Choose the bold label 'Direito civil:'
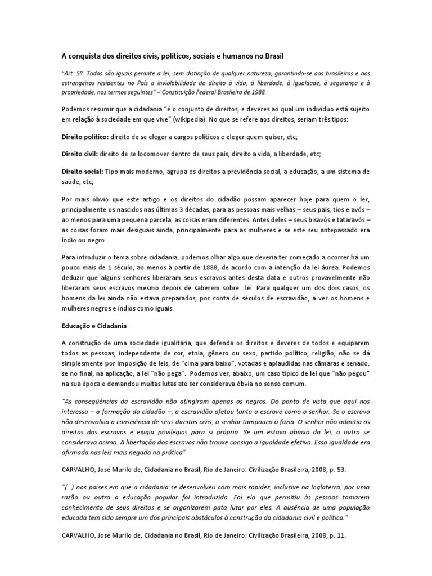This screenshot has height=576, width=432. coord(79,154)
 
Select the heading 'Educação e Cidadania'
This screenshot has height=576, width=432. coord(93,326)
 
